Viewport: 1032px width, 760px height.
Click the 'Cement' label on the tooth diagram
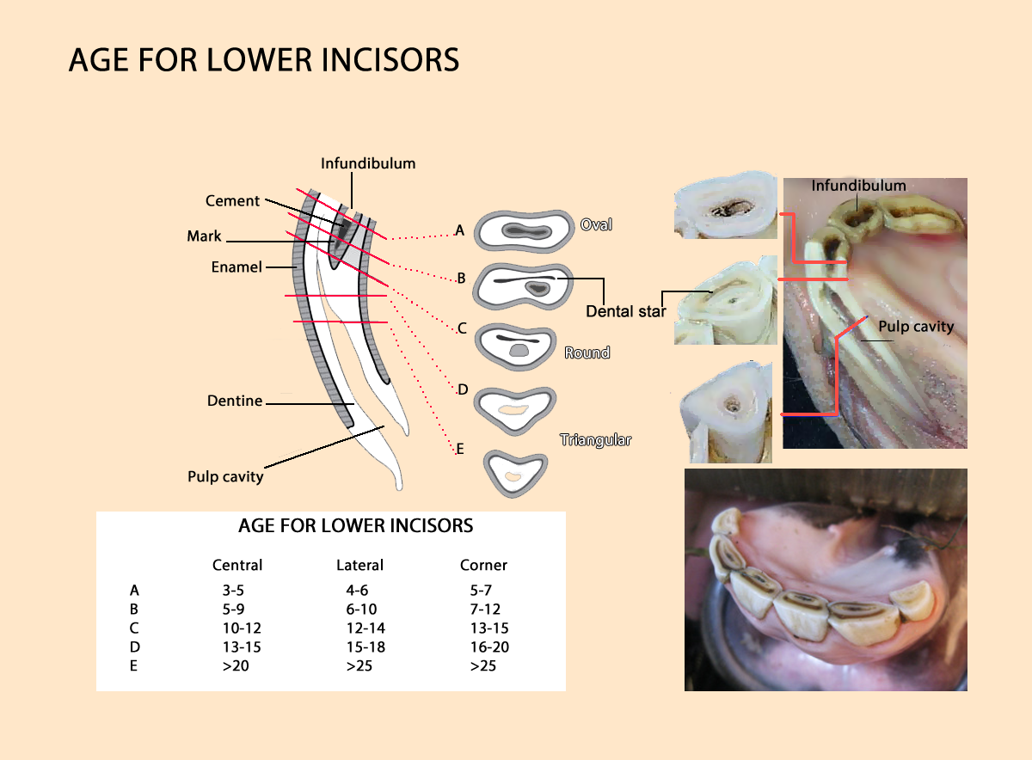pyautogui.click(x=232, y=201)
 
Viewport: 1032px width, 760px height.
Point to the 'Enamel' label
pyautogui.click(x=236, y=267)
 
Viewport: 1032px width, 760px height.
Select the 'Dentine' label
pyautogui.click(x=234, y=401)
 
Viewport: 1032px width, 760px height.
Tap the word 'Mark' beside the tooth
pyautogui.click(x=204, y=236)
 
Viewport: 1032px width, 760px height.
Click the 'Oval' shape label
pyautogui.click(x=596, y=224)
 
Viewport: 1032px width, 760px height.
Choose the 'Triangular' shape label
pyautogui.click(x=596, y=440)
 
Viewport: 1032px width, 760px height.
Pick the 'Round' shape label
pyautogui.click(x=587, y=352)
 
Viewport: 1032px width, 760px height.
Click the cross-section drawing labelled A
pyautogui.click(x=524, y=230)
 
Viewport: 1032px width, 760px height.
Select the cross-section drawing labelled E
pyautogui.click(x=515, y=473)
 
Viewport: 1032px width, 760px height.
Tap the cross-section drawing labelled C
pyautogui.click(x=517, y=346)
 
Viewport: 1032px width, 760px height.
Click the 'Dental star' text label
pyautogui.click(x=625, y=311)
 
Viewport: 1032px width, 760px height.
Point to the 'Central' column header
pyautogui.click(x=237, y=565)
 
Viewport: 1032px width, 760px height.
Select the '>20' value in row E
pyautogui.click(x=234, y=665)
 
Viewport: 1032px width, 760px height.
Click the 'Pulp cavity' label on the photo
pyautogui.click(x=916, y=327)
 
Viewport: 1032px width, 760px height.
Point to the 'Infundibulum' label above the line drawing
pyautogui.click(x=368, y=162)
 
